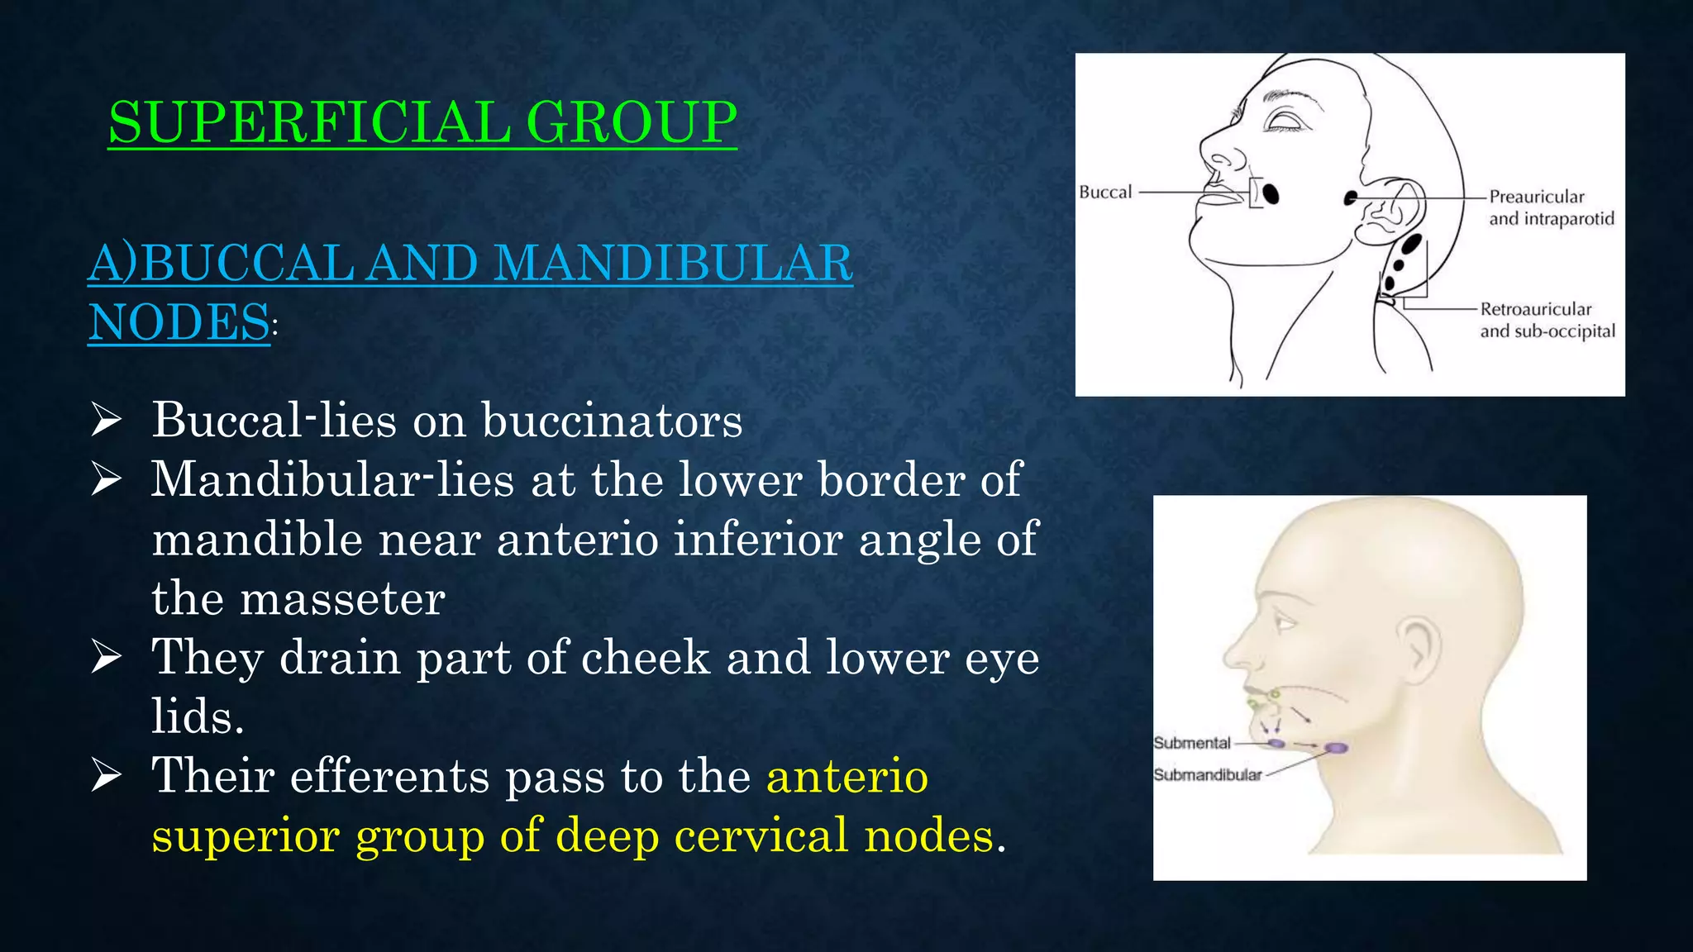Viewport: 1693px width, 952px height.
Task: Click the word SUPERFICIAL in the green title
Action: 308,122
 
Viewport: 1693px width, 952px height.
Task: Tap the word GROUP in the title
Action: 631,122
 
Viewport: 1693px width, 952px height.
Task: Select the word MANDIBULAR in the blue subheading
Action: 674,264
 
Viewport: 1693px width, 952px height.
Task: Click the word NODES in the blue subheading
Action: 179,322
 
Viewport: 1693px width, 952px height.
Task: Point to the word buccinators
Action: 612,421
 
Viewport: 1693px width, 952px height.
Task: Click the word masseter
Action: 342,598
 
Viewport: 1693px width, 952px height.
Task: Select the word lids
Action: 197,716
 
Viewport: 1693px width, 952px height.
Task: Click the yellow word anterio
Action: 847,776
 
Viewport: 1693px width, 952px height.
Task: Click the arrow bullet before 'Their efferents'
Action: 107,776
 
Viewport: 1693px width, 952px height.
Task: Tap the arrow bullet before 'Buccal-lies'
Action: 107,421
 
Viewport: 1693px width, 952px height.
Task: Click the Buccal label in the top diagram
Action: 1105,193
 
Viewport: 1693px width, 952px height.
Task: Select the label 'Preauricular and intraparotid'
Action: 1551,207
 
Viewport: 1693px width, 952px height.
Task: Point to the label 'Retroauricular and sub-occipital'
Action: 1547,320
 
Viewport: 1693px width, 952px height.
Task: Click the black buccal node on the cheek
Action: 1271,193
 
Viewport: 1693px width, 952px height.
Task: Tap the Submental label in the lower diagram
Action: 1192,743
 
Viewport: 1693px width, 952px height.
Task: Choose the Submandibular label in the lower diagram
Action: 1207,775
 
